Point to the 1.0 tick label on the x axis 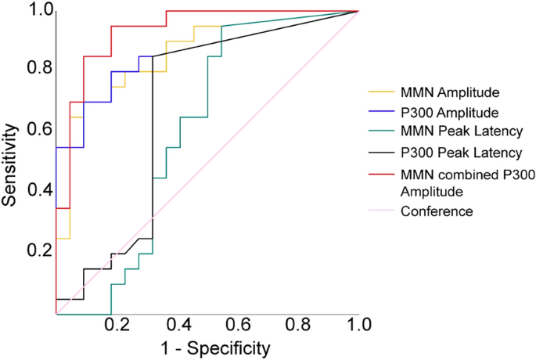coord(358,323)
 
